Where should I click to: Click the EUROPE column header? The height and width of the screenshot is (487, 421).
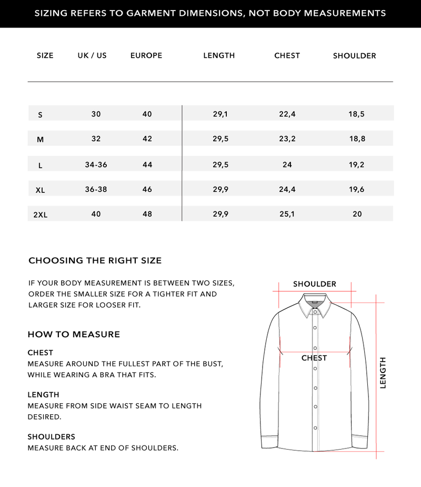(x=146, y=55)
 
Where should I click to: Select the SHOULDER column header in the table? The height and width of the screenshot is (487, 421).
(x=354, y=56)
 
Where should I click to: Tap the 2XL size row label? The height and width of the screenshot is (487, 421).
(x=41, y=215)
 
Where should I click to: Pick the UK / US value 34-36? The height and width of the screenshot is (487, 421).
(x=96, y=164)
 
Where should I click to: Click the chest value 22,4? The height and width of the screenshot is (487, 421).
(x=287, y=114)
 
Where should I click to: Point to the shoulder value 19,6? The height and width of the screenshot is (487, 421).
(x=356, y=189)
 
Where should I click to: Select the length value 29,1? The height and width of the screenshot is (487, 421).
(x=220, y=114)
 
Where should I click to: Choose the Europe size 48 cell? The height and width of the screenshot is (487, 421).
(x=147, y=214)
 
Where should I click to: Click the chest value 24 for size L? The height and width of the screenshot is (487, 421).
(x=287, y=164)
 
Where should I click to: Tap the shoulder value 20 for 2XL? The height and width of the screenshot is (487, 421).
(x=357, y=214)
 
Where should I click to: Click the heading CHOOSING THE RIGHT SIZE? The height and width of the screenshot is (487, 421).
(x=95, y=260)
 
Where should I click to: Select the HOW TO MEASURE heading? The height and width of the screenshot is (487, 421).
(x=74, y=334)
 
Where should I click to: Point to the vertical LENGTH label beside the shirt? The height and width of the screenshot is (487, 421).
(x=383, y=373)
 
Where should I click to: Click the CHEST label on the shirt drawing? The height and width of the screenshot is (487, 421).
(x=314, y=358)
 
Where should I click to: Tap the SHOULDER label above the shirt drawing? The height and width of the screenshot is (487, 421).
(x=315, y=284)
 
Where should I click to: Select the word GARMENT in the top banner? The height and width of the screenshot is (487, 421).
(x=148, y=13)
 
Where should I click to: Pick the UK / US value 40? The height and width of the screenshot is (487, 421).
(x=96, y=214)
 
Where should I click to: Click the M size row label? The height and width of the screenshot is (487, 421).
(x=41, y=140)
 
